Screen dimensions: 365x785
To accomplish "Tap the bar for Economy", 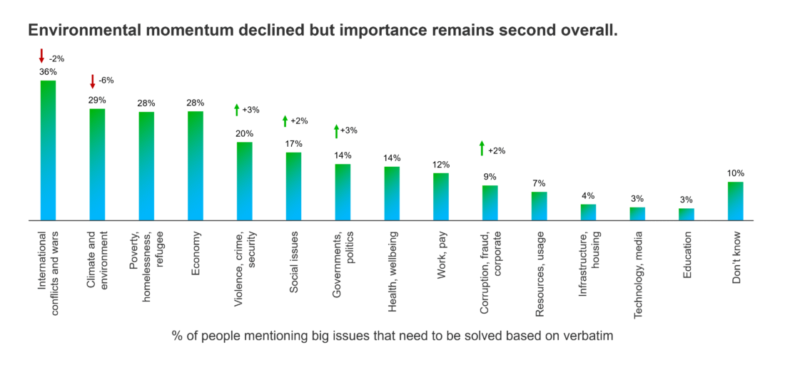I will click(x=196, y=165).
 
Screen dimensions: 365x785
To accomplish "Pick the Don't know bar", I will click(x=736, y=201).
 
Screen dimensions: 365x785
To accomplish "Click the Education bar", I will click(x=687, y=214).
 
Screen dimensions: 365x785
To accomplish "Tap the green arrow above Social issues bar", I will click(x=285, y=121).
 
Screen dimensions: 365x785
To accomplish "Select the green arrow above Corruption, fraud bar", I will click(x=482, y=148).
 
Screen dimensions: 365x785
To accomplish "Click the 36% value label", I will click(x=48, y=72).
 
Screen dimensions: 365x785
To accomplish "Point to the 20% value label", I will click(x=245, y=133).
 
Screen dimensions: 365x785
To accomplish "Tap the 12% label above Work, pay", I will click(x=441, y=165).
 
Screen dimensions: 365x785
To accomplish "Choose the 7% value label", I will click(x=539, y=183).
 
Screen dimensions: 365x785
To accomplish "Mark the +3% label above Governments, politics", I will click(x=349, y=130).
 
